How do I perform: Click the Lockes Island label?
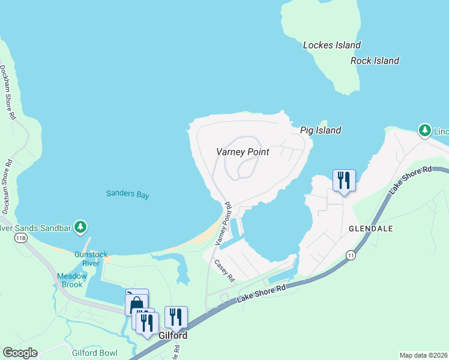(x=332, y=45)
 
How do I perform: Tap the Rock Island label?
(x=375, y=61)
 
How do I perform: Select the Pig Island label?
(x=320, y=130)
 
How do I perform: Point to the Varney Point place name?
(x=243, y=152)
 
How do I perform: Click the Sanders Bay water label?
(x=127, y=194)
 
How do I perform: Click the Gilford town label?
(x=173, y=335)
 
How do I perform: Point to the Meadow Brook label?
(x=72, y=280)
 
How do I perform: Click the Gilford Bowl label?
(x=95, y=353)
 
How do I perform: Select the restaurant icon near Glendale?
(x=344, y=180)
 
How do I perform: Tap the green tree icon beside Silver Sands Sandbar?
(x=82, y=227)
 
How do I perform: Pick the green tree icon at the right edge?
(x=424, y=130)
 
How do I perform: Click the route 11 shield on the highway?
(x=350, y=256)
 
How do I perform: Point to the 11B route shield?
(x=21, y=238)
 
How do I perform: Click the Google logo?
(x=20, y=353)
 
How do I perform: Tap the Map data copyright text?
(x=423, y=355)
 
